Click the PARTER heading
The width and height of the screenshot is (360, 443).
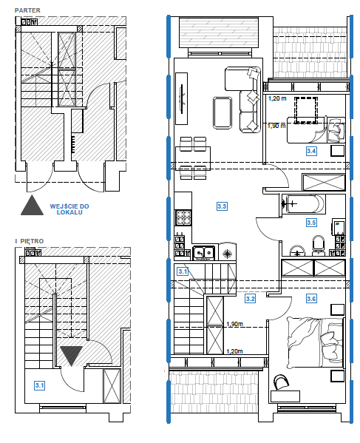pos(27,10)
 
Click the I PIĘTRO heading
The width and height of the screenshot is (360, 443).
pos(30,241)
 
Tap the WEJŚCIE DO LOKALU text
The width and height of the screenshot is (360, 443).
pos(69,209)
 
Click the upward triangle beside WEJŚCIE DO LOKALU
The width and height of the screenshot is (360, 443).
pos(33,205)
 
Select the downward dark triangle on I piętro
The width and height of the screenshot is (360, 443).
pos(71,356)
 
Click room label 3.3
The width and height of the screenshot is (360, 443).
pos(222,206)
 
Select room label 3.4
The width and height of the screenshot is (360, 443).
pos(311,151)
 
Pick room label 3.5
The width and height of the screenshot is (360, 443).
pos(311,223)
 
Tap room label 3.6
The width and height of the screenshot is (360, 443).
pos(311,299)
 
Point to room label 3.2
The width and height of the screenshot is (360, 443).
pos(251,299)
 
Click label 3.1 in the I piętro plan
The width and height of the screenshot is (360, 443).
pos(39,385)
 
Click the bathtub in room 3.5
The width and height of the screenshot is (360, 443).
pos(304,203)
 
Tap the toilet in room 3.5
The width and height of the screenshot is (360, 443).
pos(319,244)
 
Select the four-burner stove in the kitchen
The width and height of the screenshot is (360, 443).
pos(183,217)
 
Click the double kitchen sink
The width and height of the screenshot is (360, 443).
pos(203,253)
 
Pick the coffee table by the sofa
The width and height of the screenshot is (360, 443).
pos(223,113)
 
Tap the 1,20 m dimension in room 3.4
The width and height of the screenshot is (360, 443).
pos(277,98)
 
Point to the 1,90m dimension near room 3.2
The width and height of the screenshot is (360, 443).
pos(234,324)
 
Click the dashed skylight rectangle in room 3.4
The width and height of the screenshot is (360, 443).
pos(306,110)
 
